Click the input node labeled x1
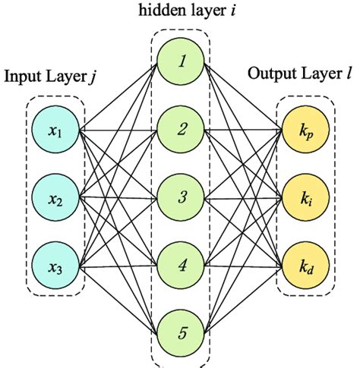pyautogui.click(x=55, y=131)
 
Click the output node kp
pyautogui.click(x=303, y=131)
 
